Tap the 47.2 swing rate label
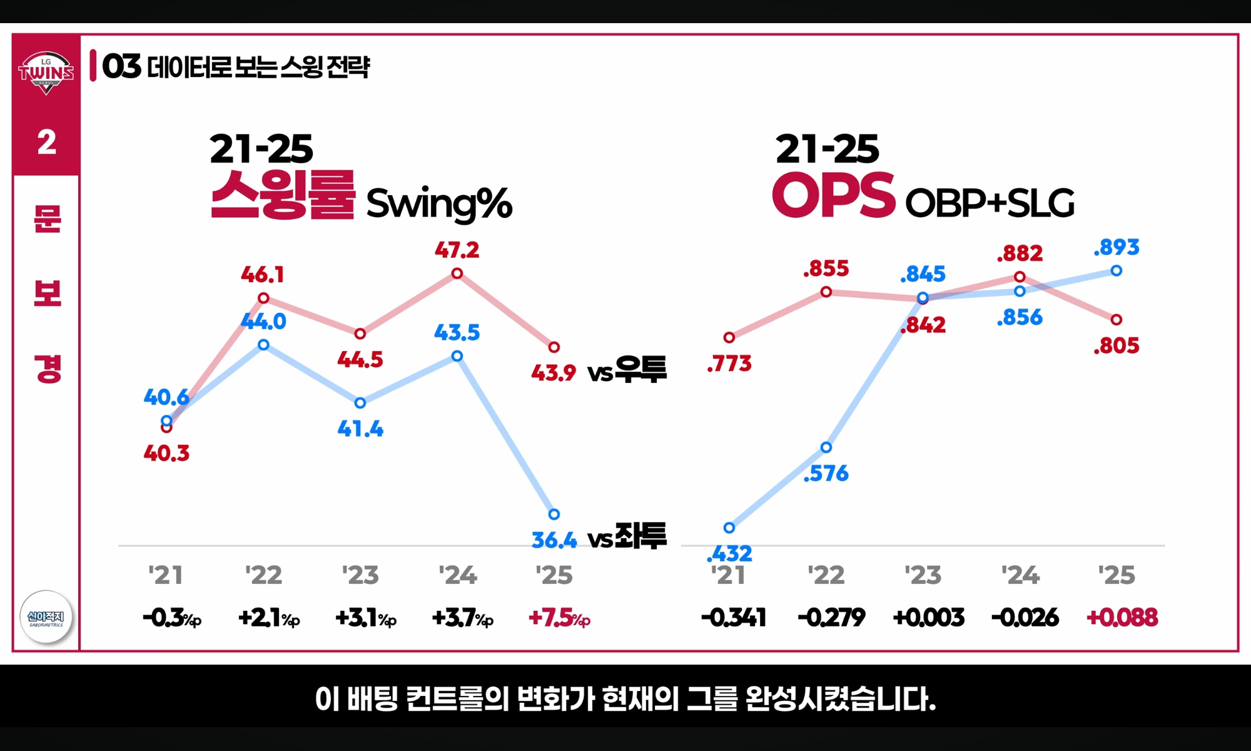tap(457, 250)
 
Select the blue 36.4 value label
tap(554, 539)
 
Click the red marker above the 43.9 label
tap(554, 347)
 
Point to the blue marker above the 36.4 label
tap(554, 514)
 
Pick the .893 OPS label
tap(1116, 247)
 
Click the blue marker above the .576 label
tap(826, 447)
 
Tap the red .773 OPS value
tap(729, 364)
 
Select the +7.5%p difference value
tap(559, 618)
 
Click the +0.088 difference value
tap(1122, 618)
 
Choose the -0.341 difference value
tap(734, 618)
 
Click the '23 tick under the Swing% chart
tap(360, 575)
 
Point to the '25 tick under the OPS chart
tap(1117, 575)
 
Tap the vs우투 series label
tap(627, 370)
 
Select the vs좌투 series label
tap(627, 536)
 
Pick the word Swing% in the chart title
tap(438, 203)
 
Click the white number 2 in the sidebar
tap(47, 142)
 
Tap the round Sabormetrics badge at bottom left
tap(46, 617)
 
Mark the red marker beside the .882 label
tap(1020, 277)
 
